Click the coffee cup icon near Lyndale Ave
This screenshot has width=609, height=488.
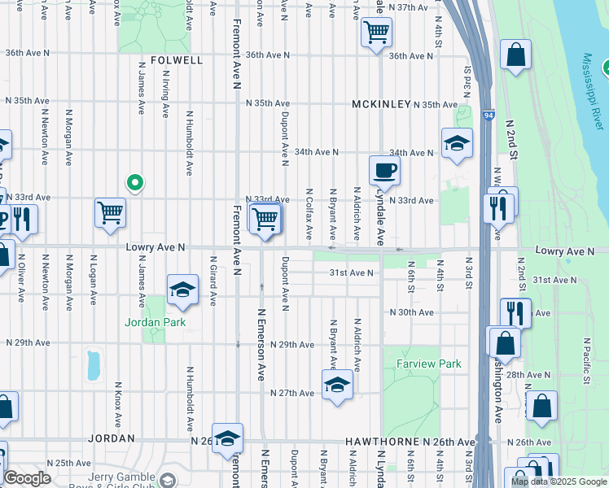coord(384,171)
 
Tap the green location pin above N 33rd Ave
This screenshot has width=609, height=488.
coord(136,183)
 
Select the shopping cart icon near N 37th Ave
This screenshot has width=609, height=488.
coord(375,33)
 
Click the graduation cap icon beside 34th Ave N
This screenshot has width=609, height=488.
coord(458,144)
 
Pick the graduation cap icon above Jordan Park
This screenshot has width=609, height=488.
coord(182,290)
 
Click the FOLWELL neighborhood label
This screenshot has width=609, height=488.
coord(176,60)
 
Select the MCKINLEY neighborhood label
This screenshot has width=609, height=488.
coord(380,105)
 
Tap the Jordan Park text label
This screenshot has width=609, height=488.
coord(155,322)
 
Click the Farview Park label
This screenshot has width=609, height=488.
coord(428,364)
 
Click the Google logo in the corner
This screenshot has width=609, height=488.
coord(27,478)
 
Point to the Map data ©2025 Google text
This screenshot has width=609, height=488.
coord(559,481)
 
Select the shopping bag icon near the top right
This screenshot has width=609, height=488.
coord(515,55)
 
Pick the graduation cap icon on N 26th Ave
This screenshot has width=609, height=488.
coord(227,438)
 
